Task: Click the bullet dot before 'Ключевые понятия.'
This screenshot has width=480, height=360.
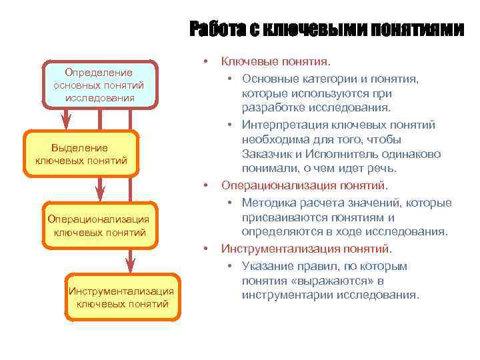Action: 207,61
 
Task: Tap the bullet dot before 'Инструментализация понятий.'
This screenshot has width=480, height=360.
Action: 207,249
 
